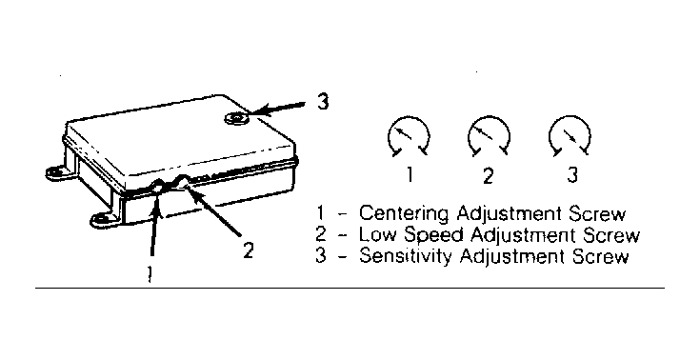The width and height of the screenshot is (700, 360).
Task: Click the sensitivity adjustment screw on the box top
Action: click(236, 118)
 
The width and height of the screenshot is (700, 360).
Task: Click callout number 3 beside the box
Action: click(323, 101)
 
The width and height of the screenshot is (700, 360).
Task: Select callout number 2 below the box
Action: click(249, 250)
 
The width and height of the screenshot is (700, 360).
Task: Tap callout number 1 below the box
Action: click(150, 273)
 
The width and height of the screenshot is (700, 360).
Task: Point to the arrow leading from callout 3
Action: click(277, 109)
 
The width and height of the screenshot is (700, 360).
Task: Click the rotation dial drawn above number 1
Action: click(409, 136)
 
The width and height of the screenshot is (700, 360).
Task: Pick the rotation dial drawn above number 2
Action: click(489, 136)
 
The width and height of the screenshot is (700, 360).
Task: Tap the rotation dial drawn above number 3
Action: click(570, 136)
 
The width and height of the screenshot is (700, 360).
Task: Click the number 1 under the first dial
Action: click(410, 174)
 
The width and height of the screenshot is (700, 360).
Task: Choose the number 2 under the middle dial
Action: click(488, 175)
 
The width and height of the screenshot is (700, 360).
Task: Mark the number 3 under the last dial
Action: click(571, 174)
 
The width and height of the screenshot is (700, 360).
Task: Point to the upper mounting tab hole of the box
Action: click(56, 171)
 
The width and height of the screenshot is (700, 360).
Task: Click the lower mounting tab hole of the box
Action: click(102, 219)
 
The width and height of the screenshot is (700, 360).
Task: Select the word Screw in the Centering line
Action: click(597, 213)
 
